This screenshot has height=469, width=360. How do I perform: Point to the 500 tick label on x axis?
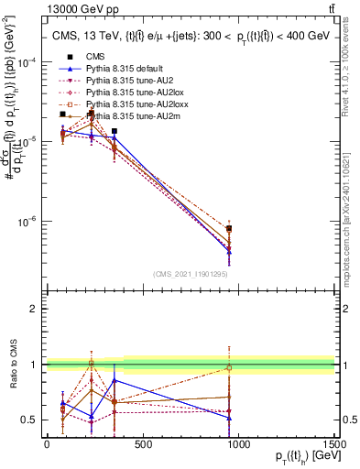click(142, 445)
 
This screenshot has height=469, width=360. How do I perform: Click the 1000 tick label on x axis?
click(238, 445)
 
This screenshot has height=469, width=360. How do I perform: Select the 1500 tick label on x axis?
click(333, 445)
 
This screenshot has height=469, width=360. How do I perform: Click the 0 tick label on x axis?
click(47, 445)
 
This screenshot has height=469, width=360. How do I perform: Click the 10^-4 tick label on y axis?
click(27, 62)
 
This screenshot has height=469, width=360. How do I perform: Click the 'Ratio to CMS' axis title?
click(12, 365)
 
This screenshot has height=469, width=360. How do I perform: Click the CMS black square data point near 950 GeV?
click(229, 228)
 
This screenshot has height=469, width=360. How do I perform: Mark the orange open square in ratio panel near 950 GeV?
click(229, 368)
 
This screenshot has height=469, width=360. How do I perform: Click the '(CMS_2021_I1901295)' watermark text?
click(191, 274)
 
